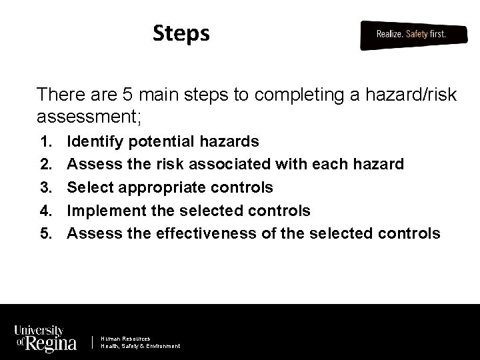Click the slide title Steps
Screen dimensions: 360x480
181,33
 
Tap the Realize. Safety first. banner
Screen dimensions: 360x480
411,34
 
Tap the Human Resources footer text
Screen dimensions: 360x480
125,339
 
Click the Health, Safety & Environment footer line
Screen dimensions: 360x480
140,346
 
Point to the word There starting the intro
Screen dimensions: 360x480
57,94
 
